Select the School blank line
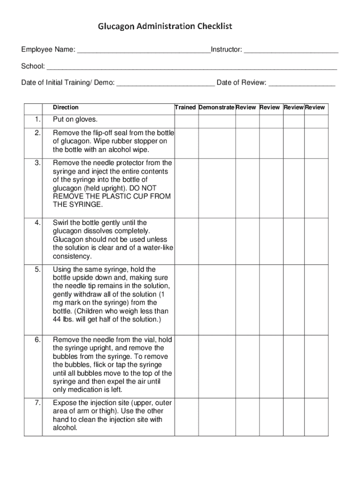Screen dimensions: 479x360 pyautogui.click(x=192, y=67)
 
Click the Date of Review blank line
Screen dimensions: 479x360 pyautogui.click(x=302, y=84)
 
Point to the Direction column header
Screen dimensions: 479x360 pyautogui.click(x=66, y=108)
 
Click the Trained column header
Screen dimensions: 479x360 pyautogui.click(x=185, y=108)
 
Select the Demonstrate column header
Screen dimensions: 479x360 pyautogui.click(x=216, y=108)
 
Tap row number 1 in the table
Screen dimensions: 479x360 pyautogui.click(x=37, y=120)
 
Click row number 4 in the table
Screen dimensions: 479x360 pyautogui.click(x=37, y=223)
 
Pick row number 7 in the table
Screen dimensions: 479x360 pyautogui.click(x=37, y=403)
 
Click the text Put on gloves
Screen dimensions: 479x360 pyautogui.click(x=75, y=120)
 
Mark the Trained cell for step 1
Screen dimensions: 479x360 pyautogui.click(x=186, y=121)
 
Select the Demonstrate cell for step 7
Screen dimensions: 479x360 pyautogui.click(x=217, y=416)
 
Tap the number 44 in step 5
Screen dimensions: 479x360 pyautogui.click(x=58, y=319)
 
